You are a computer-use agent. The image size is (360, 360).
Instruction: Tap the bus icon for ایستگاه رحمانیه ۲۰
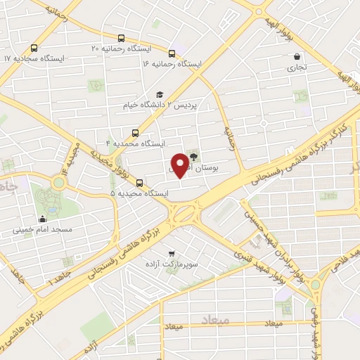(122, 39)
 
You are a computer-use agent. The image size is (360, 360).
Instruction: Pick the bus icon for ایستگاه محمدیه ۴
(135, 131)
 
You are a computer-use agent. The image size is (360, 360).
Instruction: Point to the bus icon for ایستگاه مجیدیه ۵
(139, 181)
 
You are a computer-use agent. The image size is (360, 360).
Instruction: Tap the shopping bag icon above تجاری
(297, 57)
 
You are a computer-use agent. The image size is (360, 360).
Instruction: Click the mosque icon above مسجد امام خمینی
(44, 218)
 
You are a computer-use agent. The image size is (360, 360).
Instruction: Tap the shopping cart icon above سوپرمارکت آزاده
(170, 255)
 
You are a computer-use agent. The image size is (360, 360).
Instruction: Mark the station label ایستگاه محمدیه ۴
(135, 143)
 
